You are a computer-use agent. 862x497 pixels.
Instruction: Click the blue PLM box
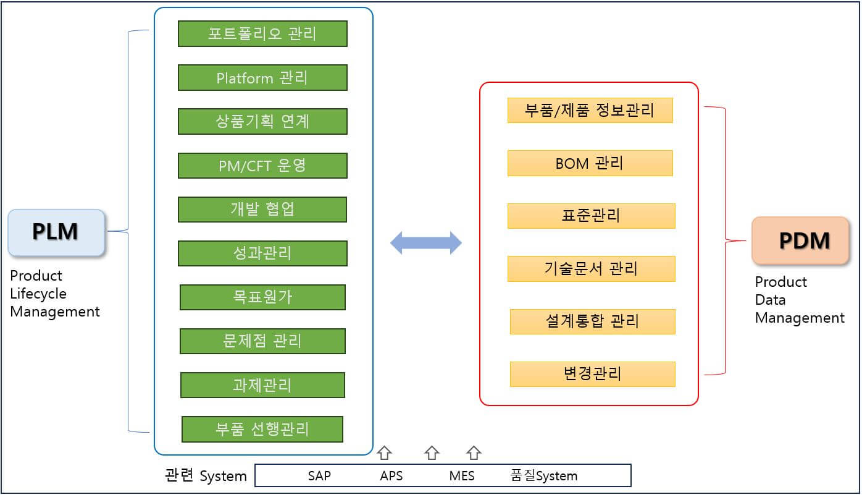56,232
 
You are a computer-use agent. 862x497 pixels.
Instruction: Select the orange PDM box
800,240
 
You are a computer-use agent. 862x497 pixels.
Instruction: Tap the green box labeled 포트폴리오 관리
262,33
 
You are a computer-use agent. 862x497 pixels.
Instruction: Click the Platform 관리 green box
262,78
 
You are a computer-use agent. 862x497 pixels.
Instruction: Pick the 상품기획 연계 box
262,121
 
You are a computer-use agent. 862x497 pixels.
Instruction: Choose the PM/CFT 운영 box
262,166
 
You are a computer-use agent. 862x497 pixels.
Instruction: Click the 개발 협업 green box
262,210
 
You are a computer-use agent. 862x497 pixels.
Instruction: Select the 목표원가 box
262,297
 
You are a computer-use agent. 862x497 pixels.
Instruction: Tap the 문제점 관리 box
262,341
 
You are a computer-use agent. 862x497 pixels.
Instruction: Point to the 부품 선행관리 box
262,429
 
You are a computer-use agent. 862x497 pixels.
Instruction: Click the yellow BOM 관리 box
590,163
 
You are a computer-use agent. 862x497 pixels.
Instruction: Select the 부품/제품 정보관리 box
590,111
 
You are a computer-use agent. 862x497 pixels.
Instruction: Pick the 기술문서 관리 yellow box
591,269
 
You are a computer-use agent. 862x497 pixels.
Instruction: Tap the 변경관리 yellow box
592,374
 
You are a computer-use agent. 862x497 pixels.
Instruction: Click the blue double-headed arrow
426,243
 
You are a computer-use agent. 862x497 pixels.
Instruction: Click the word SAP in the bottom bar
319,476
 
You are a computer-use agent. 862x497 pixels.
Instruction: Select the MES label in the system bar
462,476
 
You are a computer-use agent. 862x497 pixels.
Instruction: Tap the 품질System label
543,476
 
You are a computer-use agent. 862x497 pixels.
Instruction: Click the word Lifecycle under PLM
38,294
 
